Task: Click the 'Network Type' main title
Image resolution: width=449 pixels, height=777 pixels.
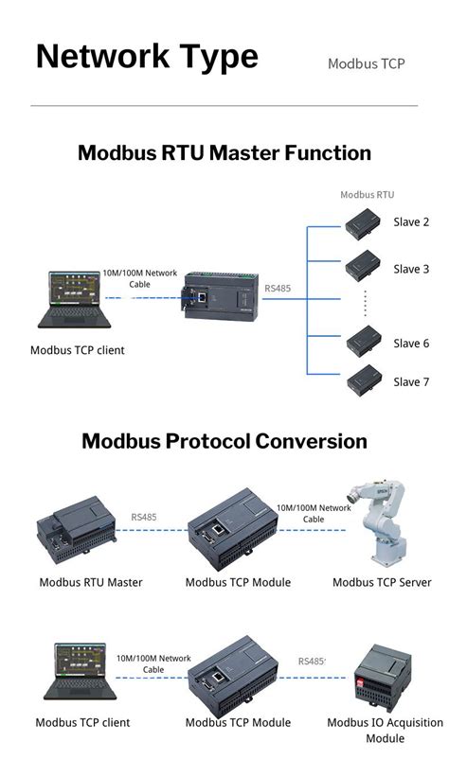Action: click(147, 56)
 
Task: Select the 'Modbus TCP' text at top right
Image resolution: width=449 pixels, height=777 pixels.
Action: click(366, 63)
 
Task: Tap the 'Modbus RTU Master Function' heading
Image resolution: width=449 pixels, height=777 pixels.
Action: click(224, 152)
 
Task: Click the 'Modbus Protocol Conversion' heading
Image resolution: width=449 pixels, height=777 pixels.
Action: click(224, 440)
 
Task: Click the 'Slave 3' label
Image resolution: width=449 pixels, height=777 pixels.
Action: click(411, 269)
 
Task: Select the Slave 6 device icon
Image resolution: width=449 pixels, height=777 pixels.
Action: click(363, 340)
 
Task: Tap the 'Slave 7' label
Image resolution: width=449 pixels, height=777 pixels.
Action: click(411, 381)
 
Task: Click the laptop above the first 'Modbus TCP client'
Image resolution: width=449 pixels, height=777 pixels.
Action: click(74, 302)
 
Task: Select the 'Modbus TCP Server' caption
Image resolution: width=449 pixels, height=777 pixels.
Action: click(382, 582)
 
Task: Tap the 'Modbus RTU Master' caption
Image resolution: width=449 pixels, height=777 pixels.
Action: click(91, 582)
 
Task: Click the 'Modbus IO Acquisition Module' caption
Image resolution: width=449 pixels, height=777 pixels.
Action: click(385, 730)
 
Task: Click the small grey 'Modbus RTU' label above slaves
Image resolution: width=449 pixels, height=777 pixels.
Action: click(367, 195)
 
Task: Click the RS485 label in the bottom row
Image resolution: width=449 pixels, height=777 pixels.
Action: click(311, 662)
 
